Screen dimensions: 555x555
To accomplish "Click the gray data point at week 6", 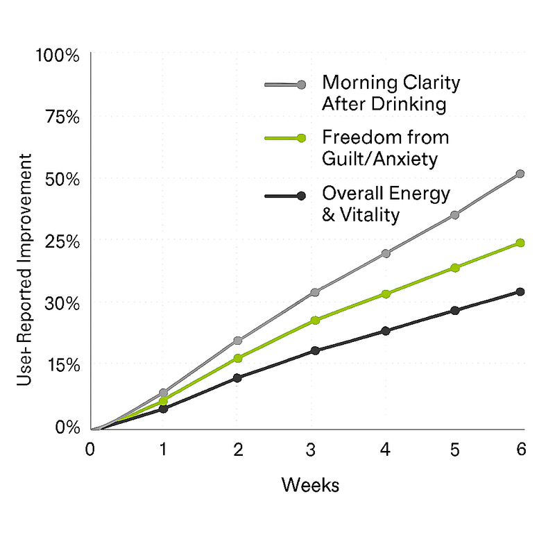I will (520, 173).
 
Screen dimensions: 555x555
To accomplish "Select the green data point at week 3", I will (315, 320).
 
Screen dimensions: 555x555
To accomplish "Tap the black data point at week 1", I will (164, 409).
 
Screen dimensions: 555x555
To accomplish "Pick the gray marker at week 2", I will (238, 341).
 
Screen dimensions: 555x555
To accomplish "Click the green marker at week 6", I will (520, 243).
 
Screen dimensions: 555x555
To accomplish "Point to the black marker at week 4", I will (386, 330).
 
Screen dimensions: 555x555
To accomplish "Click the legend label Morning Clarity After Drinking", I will (391, 94).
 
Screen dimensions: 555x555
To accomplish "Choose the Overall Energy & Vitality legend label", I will (386, 203).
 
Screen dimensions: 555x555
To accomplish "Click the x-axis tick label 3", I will (311, 450).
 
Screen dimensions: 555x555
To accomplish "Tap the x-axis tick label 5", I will (454, 450).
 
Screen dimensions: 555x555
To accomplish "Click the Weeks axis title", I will (310, 484).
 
